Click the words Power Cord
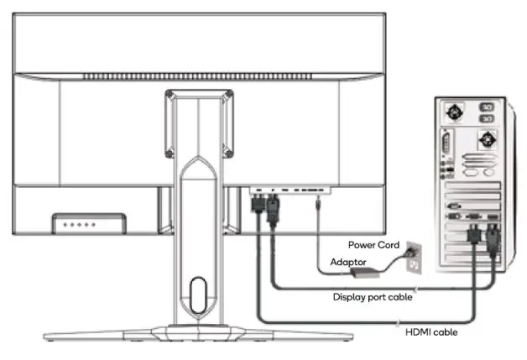[x=370, y=245]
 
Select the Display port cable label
[x=373, y=295]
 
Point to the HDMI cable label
[x=431, y=332]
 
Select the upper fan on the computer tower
[x=455, y=112]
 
